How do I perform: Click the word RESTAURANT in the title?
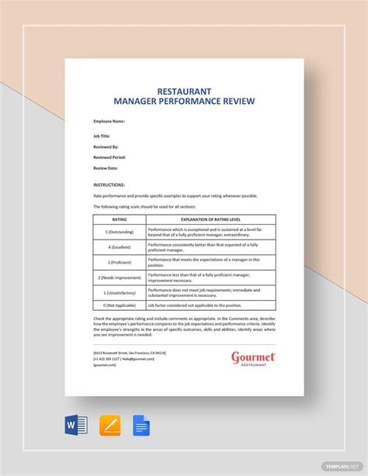[x=184, y=90]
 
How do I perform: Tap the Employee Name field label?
[x=109, y=122]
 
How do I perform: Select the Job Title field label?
[x=102, y=136]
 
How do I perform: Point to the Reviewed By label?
[x=106, y=147]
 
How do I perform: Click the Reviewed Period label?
[x=109, y=157]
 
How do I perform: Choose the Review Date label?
[x=106, y=168]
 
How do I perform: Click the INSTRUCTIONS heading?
[x=109, y=185]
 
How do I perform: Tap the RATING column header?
[x=120, y=219]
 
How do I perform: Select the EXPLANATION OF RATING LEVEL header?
[x=210, y=219]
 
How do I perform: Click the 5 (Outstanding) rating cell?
[x=120, y=232]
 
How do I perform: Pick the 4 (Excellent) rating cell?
[x=120, y=247]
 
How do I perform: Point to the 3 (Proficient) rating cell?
[x=120, y=262]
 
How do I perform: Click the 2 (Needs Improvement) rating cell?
[x=120, y=277]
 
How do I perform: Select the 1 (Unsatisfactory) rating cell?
[x=120, y=292]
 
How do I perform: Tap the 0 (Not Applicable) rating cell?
[x=120, y=306]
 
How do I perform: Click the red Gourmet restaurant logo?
[x=253, y=359]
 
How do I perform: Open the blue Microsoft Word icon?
[x=77, y=426]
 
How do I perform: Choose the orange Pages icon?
[x=109, y=426]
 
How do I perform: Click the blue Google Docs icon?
[x=141, y=426]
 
